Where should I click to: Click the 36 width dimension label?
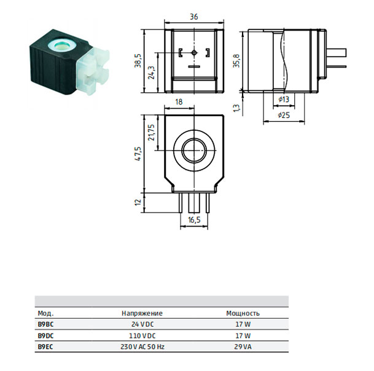(x=193, y=17)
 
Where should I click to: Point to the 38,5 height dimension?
(x=138, y=61)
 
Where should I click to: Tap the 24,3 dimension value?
(x=152, y=72)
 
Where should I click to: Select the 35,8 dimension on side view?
(x=236, y=61)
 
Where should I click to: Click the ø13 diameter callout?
(x=284, y=100)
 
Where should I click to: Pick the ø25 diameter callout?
(x=284, y=115)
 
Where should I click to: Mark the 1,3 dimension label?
(x=236, y=107)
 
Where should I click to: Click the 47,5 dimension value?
(x=138, y=154)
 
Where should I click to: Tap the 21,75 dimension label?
(x=152, y=133)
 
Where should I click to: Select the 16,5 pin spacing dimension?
(x=194, y=220)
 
